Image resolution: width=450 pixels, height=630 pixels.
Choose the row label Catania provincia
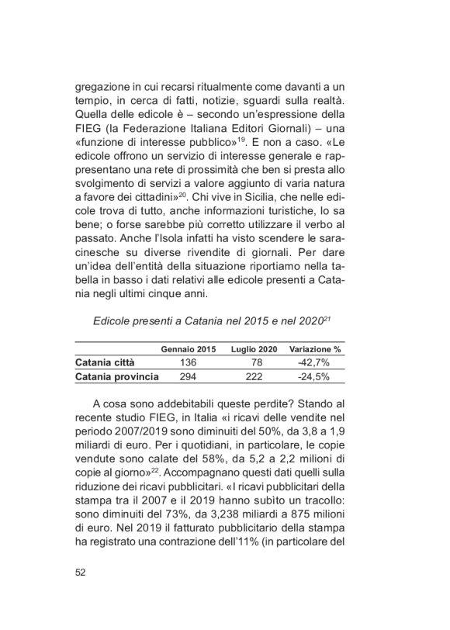coord(117,376)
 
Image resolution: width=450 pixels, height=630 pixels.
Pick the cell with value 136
coord(188,362)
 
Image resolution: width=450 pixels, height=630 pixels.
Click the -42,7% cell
coord(316,362)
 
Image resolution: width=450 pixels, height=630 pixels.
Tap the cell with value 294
coord(188,376)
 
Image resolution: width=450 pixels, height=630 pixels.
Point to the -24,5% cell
coord(316,376)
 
